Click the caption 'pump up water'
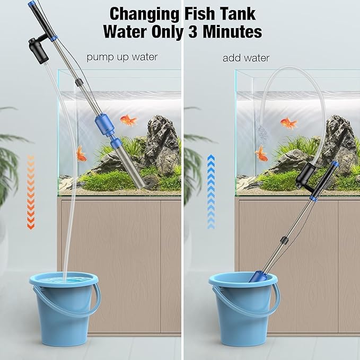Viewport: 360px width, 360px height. pos(122,57)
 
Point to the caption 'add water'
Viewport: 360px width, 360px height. pos(246,58)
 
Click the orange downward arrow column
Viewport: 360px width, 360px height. pos(31,192)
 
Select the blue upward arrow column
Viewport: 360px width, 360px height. pos(211,192)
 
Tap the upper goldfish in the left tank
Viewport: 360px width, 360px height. pos(128,120)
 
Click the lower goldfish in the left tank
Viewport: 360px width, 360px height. pos(81,153)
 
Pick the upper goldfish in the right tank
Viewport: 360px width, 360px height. pos(288,123)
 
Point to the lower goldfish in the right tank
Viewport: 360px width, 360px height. pos(261,154)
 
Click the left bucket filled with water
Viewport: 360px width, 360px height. pos(65,308)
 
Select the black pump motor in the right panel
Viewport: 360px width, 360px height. pos(305,177)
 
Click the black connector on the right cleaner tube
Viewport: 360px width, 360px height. pos(284,241)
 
